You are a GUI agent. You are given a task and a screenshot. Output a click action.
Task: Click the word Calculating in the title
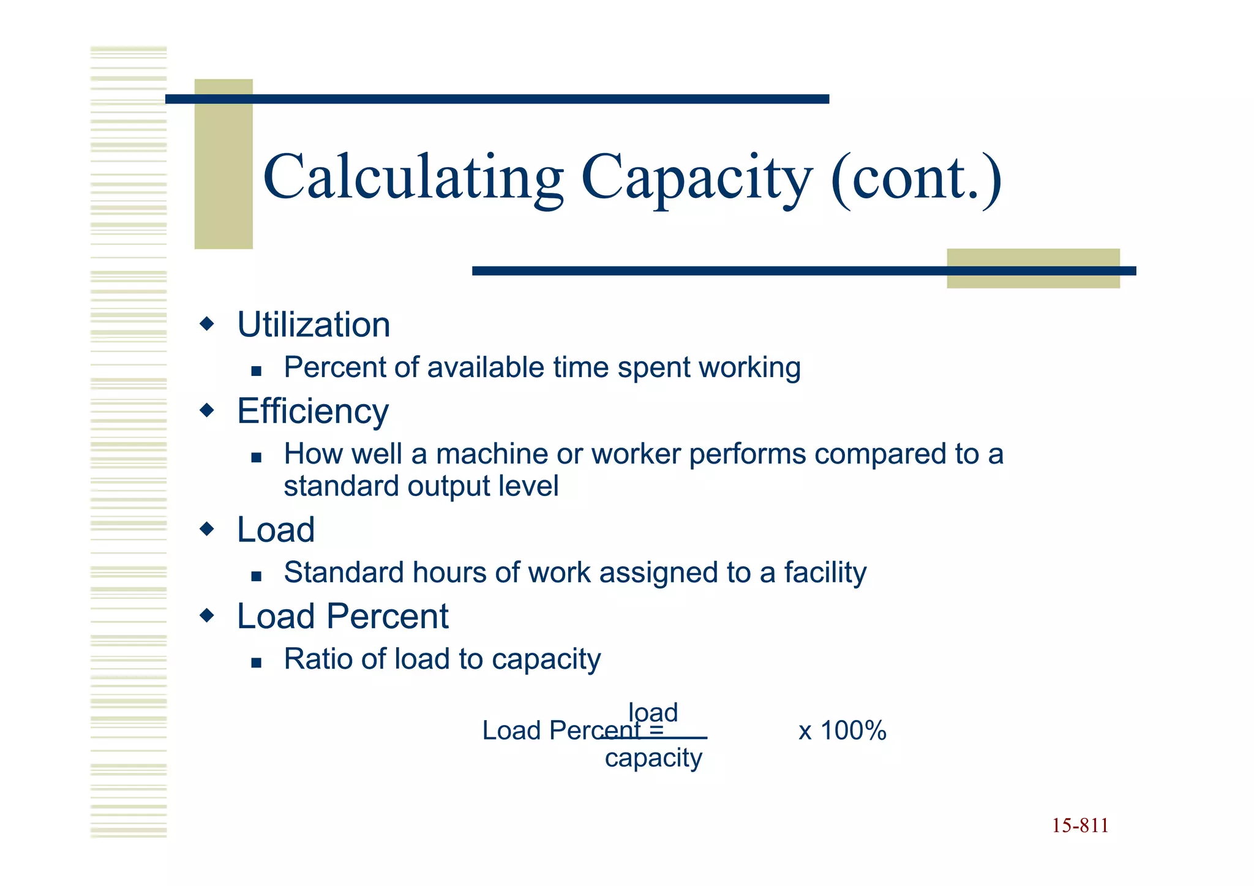click(x=413, y=179)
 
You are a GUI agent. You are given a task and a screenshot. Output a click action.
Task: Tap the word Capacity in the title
click(x=696, y=179)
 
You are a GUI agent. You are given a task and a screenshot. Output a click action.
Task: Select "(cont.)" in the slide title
click(x=916, y=179)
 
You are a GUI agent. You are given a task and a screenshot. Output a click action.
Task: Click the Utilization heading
click(x=313, y=325)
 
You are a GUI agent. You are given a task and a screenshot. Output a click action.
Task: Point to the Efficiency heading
click(x=313, y=411)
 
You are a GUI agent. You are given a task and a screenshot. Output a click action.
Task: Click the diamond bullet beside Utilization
click(x=208, y=323)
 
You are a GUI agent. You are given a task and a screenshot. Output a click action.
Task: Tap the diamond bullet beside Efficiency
click(x=208, y=410)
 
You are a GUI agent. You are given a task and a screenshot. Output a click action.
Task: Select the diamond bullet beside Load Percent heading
click(x=208, y=615)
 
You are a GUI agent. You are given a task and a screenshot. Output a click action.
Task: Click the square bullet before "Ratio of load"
click(x=257, y=663)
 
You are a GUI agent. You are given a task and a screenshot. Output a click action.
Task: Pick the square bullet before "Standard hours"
click(x=257, y=576)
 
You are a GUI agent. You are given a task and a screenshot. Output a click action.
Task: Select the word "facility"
click(x=825, y=573)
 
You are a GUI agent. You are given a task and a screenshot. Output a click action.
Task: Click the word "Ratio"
click(x=318, y=659)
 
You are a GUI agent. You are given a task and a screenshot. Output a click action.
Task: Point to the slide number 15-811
click(x=1080, y=826)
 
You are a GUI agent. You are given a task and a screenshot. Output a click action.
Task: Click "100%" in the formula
click(x=853, y=731)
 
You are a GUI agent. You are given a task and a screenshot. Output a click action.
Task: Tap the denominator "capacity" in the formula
click(x=653, y=759)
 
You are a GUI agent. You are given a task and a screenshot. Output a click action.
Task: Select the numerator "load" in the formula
click(x=653, y=712)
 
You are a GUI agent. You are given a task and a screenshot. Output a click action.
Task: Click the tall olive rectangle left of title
click(x=223, y=164)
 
